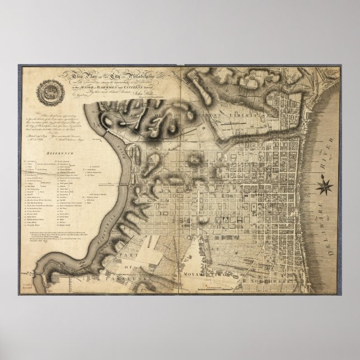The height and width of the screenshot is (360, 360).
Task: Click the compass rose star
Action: pos(324,186)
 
